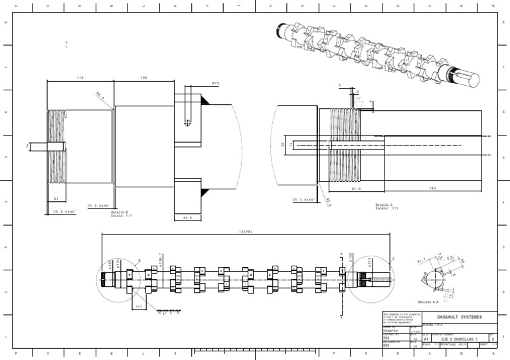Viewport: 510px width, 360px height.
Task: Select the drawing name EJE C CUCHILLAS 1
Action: pyautogui.click(x=460, y=337)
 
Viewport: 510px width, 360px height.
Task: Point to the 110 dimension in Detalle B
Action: pyautogui.click(x=80, y=78)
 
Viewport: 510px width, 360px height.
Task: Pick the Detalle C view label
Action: pyautogui.click(x=385, y=207)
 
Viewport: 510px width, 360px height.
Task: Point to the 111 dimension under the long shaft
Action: pyautogui.click(x=138, y=306)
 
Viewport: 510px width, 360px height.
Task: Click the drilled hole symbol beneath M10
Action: pyautogui.click(x=188, y=122)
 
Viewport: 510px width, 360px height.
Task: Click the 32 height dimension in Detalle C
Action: pyautogui.click(x=282, y=143)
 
